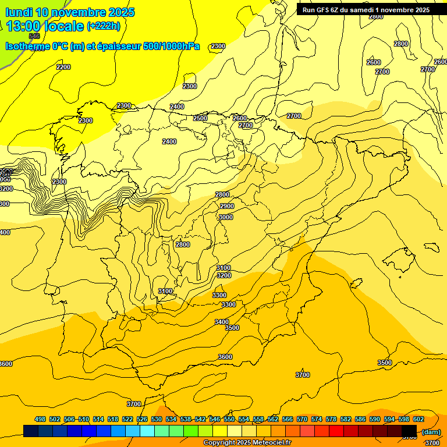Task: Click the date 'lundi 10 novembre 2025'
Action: [x=70, y=12]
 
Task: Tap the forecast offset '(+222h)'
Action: [x=104, y=26]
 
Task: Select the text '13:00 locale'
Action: [x=45, y=26]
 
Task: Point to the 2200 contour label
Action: [x=63, y=67]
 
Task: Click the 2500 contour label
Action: [x=200, y=118]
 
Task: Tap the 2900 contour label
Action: [x=227, y=206]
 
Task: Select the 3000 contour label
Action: [x=225, y=217]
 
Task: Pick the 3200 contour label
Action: [x=223, y=275]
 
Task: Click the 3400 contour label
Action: [x=221, y=322]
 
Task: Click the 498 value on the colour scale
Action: [x=40, y=419]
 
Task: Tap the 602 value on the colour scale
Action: [x=418, y=419]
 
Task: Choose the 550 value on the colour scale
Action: [x=229, y=419]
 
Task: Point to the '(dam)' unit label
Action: [x=431, y=431]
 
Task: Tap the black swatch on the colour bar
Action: [x=409, y=431]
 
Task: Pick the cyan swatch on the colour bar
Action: [x=147, y=431]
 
